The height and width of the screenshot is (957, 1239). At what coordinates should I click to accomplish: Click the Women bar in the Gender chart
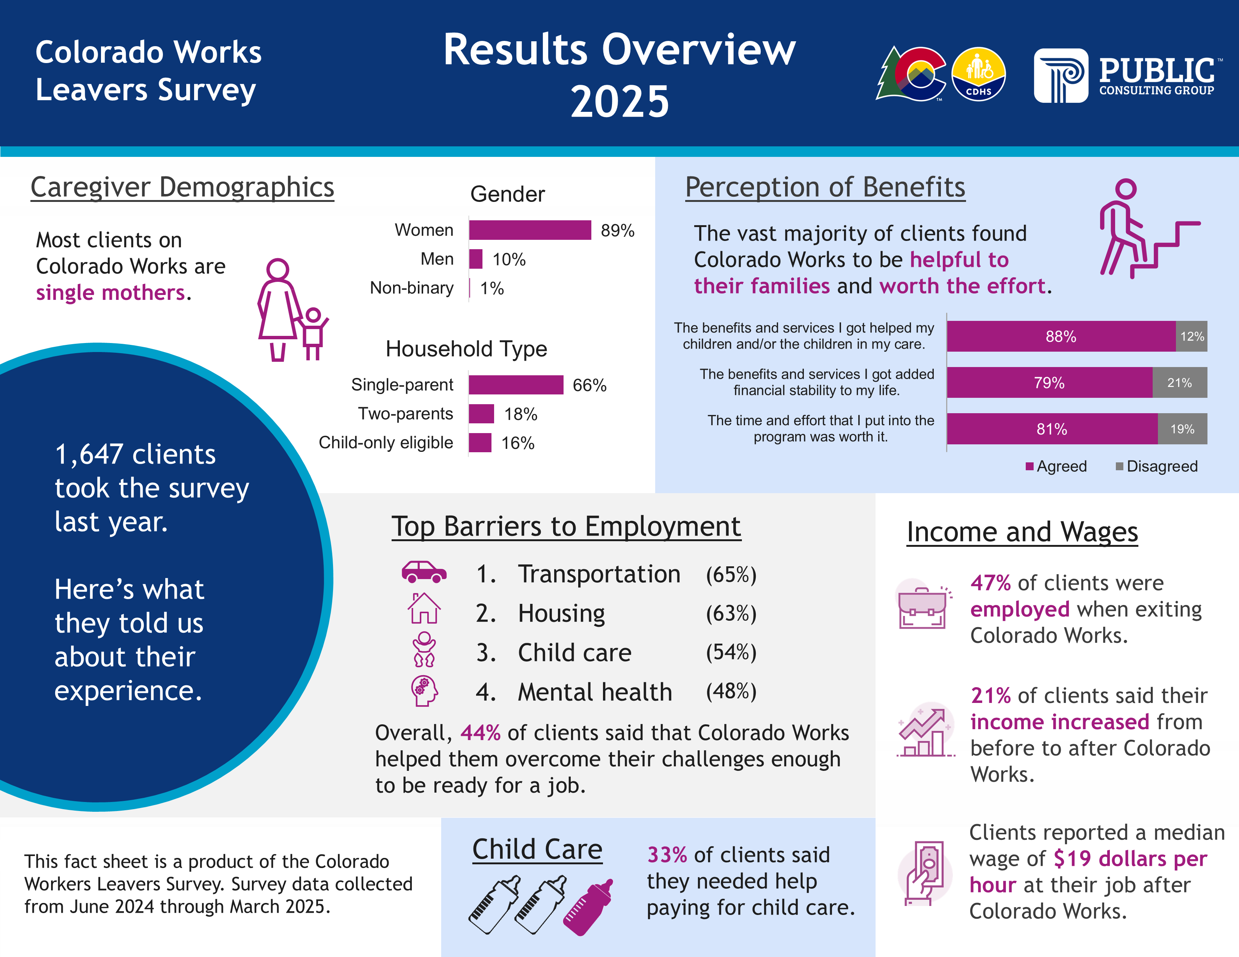tap(530, 230)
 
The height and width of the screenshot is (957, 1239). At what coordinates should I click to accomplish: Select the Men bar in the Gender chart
tap(475, 259)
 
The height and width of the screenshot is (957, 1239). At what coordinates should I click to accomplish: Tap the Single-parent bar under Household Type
tap(515, 385)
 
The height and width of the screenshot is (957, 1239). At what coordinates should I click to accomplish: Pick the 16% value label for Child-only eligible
tap(517, 443)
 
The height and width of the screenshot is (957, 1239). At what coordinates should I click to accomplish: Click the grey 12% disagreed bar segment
tap(1191, 336)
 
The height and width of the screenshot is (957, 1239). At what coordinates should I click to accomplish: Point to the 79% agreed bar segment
tap(1049, 383)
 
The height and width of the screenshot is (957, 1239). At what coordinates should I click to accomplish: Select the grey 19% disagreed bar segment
tap(1182, 429)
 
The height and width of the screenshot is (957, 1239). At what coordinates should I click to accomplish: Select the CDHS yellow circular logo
tap(978, 74)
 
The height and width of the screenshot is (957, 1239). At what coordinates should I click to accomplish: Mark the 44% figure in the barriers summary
tap(480, 733)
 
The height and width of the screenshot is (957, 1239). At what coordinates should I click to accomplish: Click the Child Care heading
tap(537, 849)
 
